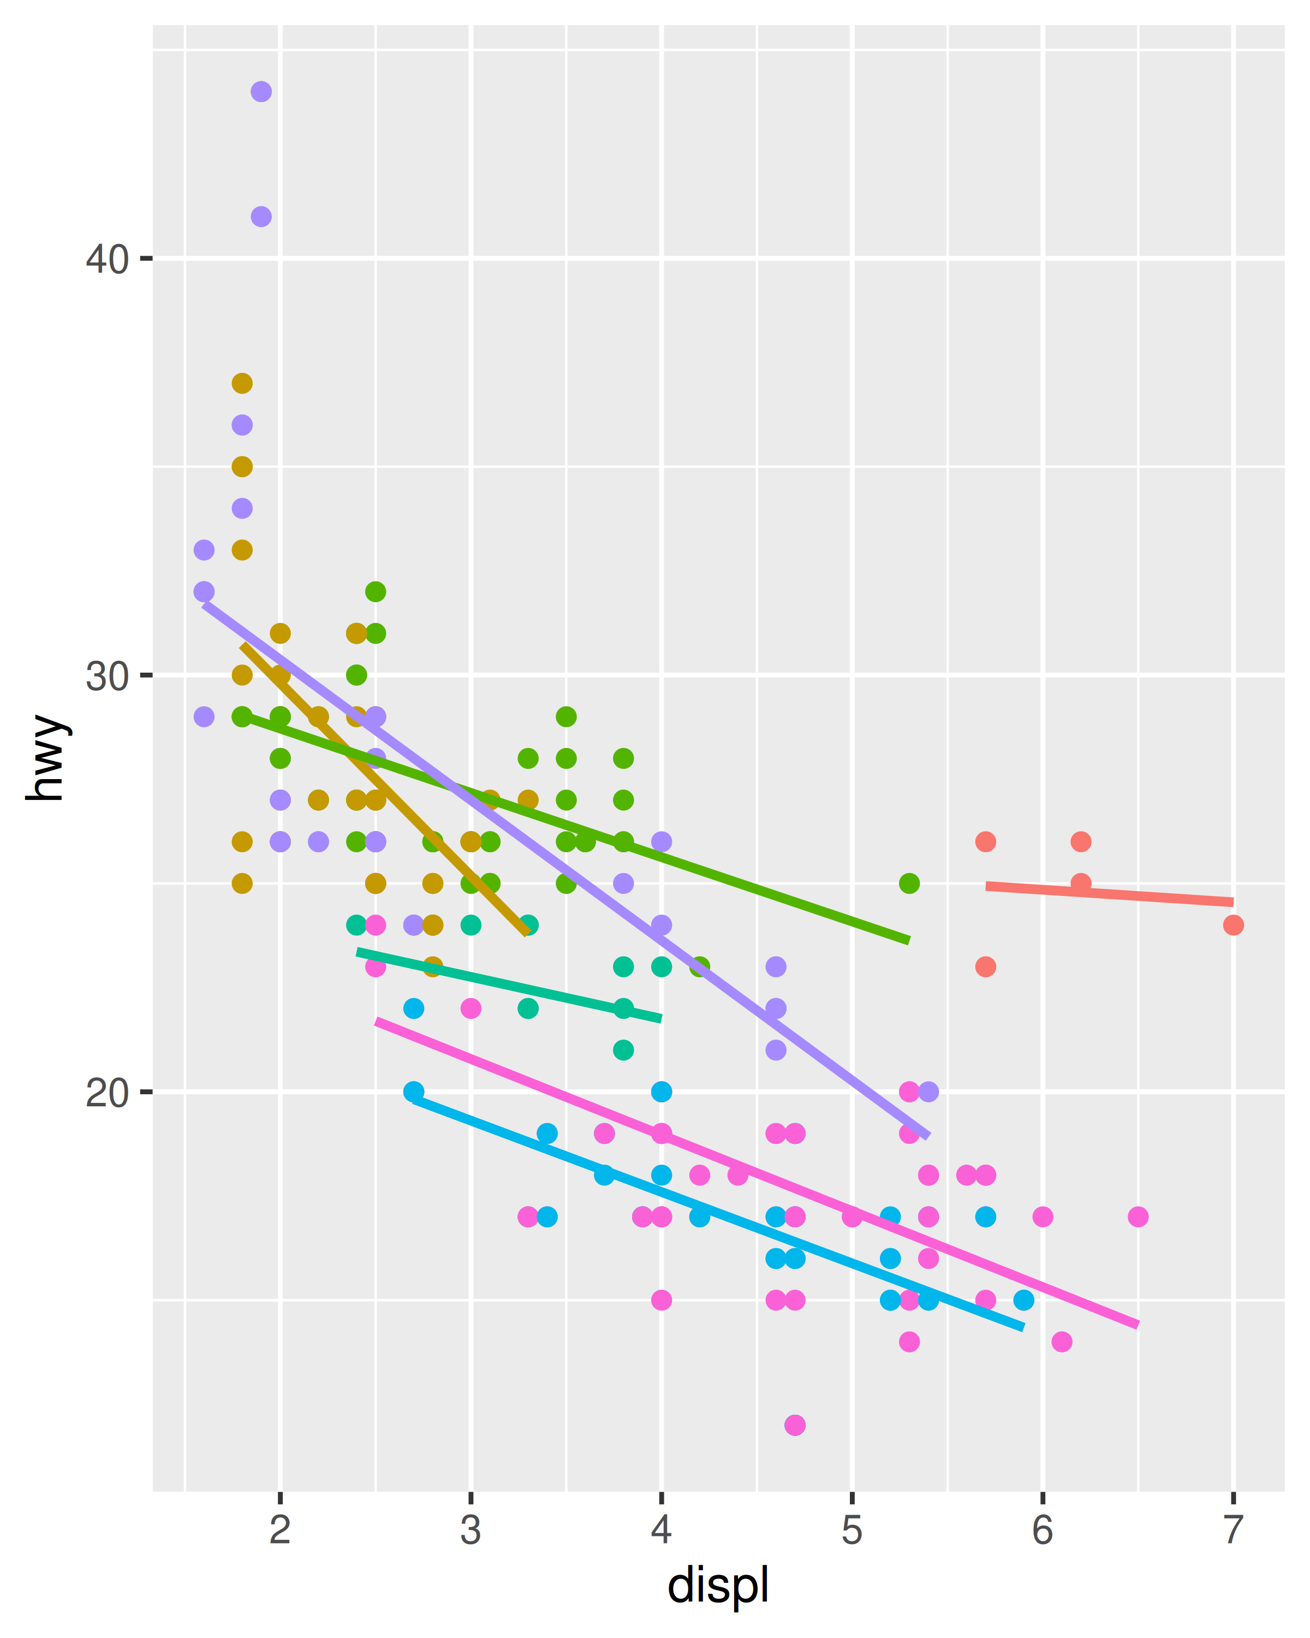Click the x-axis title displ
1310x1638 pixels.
718,1586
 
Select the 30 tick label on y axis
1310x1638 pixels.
106,675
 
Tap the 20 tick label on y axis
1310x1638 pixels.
106,1093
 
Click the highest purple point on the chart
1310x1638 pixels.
261,92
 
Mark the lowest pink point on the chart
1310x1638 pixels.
795,1425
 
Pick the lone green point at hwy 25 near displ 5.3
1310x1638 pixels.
909,883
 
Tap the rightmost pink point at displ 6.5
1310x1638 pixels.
1138,1217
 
